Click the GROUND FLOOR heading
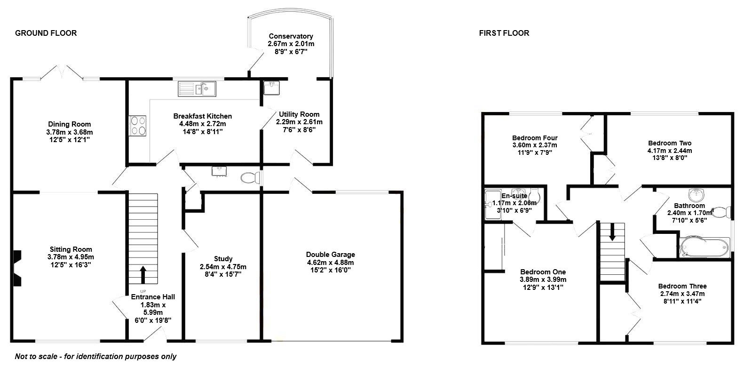[x=46, y=33]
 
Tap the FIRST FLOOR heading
[x=504, y=33]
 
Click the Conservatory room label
[x=291, y=36]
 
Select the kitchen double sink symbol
[x=197, y=88]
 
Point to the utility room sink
[x=271, y=88]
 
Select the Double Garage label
[x=330, y=255]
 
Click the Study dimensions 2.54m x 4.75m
[x=223, y=266]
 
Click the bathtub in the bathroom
[x=704, y=247]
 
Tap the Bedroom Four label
[x=535, y=138]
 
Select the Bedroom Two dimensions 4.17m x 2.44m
[x=669, y=151]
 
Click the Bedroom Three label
[x=682, y=286]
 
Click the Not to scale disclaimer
[x=95, y=356]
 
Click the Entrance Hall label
[x=152, y=297]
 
